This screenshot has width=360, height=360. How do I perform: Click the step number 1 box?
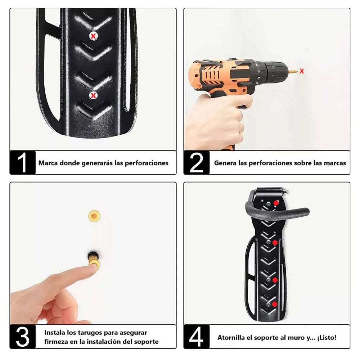22,163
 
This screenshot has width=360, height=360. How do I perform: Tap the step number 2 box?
197,163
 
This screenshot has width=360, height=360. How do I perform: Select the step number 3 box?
22,337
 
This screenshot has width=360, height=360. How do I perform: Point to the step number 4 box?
197,337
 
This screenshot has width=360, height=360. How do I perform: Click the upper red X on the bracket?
93,36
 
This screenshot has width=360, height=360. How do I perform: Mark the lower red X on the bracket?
93,95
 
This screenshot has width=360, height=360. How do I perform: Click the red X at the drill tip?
302,71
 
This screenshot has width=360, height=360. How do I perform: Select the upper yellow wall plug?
94,216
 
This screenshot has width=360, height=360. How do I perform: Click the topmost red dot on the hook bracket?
276,203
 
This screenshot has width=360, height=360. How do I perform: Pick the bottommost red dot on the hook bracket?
275,304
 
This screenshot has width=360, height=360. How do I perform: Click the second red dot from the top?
275,242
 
